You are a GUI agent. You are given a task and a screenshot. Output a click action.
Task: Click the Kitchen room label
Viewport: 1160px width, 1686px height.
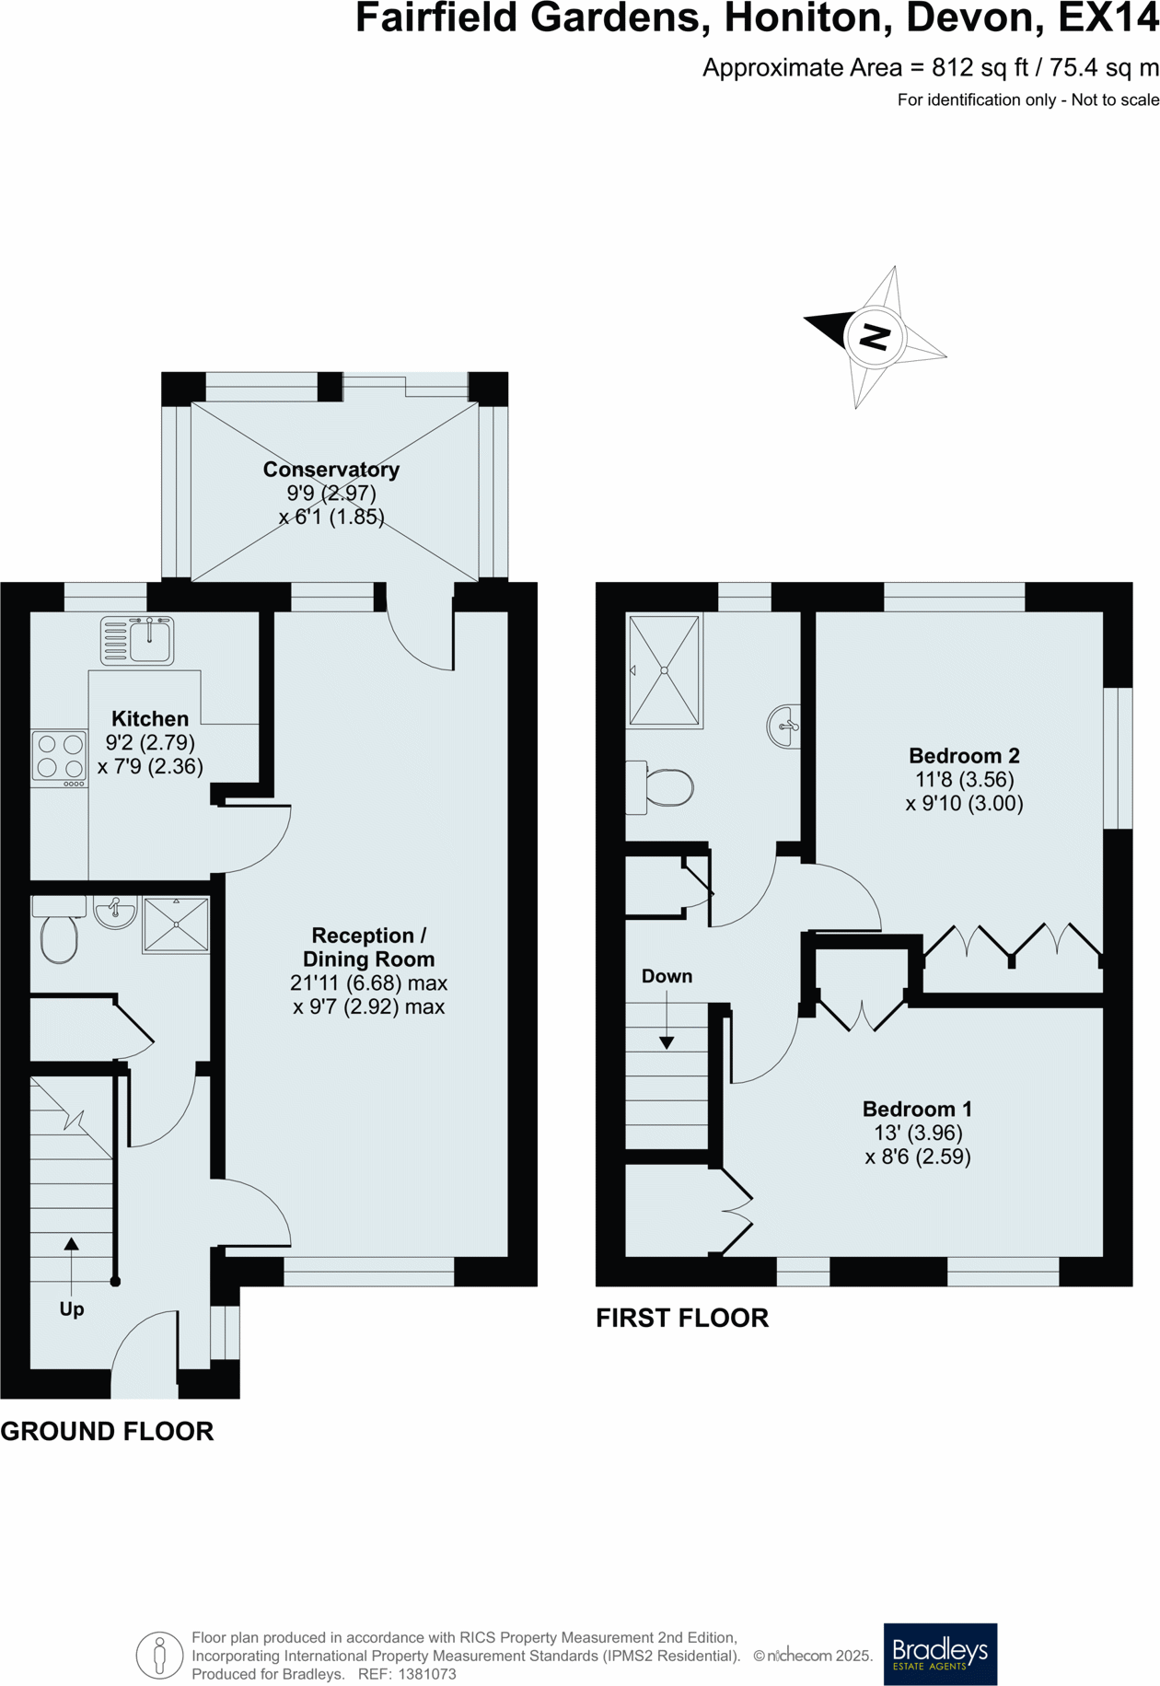pos(150,719)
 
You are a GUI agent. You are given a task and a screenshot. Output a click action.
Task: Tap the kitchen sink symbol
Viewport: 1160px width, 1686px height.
pos(137,640)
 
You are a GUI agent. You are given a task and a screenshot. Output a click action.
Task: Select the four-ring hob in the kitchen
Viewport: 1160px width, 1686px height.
pos(60,757)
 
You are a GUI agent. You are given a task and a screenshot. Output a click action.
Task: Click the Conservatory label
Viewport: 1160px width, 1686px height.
pos(331,470)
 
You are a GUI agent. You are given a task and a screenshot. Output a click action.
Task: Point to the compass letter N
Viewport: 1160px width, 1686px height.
pos(875,337)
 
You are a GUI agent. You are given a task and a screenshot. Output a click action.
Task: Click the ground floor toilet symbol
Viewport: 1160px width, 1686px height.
pos(59,933)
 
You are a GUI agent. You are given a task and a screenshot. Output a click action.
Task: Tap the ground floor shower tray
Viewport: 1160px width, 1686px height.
pos(176,924)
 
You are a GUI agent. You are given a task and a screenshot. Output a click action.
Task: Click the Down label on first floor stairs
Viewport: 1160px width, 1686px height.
pos(667,976)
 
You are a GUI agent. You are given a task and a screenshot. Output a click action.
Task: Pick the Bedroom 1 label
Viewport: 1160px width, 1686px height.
pos(917,1110)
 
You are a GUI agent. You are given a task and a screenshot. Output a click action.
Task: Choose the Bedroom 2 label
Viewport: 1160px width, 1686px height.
pos(964,756)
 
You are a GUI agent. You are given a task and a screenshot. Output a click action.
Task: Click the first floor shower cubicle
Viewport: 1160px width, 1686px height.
pos(665,670)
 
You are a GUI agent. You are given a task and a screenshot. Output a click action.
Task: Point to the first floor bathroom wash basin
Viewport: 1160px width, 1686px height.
pos(783,727)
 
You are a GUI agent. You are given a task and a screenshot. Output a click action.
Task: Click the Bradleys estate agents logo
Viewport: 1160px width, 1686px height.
pos(940,1654)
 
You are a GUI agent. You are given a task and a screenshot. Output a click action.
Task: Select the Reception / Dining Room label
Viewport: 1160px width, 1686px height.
pos(368,948)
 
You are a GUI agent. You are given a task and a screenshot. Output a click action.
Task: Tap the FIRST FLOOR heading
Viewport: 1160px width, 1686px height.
pos(681,1318)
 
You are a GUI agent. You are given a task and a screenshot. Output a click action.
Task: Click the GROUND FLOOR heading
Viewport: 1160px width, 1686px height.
pos(107,1431)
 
